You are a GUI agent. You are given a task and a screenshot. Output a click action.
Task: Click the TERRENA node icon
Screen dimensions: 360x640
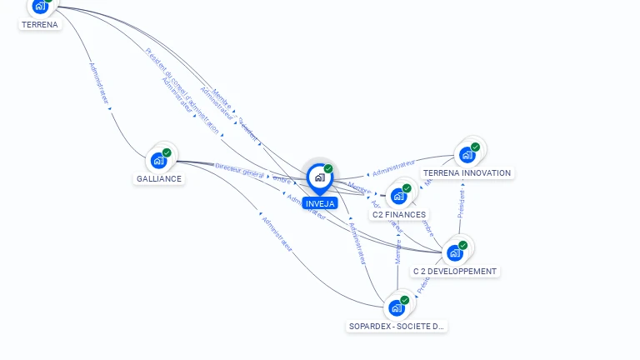pyautogui.click(x=40, y=6)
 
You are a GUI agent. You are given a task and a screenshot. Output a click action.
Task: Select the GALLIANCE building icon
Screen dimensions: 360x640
pyautogui.click(x=158, y=160)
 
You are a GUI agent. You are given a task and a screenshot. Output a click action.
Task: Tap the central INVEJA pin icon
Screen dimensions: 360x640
pyautogui.click(x=319, y=177)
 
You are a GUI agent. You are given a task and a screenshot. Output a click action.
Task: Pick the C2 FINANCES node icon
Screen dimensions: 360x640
pyautogui.click(x=398, y=196)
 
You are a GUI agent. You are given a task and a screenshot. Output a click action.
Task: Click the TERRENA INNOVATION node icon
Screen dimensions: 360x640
pyautogui.click(x=467, y=154)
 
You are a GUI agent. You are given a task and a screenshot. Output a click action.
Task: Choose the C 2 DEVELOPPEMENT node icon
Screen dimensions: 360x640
pyautogui.click(x=454, y=252)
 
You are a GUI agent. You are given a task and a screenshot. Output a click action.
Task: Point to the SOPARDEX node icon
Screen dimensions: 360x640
pyautogui.click(x=397, y=307)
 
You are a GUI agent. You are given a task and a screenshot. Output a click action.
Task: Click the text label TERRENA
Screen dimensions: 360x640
pyautogui.click(x=40, y=24)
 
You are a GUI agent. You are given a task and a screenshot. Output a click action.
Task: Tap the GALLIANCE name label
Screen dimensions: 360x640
pyautogui.click(x=159, y=178)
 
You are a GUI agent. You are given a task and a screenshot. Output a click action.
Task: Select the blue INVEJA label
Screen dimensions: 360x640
pyautogui.click(x=320, y=203)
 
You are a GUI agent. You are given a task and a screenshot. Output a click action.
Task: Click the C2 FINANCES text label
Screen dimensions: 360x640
pyautogui.click(x=399, y=214)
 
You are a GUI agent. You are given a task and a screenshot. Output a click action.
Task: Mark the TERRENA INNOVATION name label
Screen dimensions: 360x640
pyautogui.click(x=467, y=172)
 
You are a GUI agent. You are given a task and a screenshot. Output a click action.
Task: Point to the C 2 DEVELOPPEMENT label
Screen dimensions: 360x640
pyautogui.click(x=455, y=271)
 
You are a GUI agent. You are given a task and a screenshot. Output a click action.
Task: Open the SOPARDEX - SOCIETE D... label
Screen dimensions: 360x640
pyautogui.click(x=397, y=326)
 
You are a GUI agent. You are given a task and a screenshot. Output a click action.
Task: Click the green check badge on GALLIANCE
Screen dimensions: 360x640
pyautogui.click(x=167, y=152)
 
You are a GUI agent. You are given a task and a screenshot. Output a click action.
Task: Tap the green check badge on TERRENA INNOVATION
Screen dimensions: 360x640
pyautogui.click(x=475, y=147)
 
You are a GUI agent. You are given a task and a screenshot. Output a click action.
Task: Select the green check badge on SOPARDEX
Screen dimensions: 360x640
pyautogui.click(x=405, y=300)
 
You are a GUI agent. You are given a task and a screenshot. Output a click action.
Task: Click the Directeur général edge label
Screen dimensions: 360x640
pyautogui.click(x=239, y=170)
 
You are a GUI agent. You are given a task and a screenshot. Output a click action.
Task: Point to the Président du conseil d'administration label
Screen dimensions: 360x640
pyautogui.click(x=182, y=90)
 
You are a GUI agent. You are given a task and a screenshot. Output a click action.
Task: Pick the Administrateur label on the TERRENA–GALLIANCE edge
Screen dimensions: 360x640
pyautogui.click(x=98, y=82)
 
